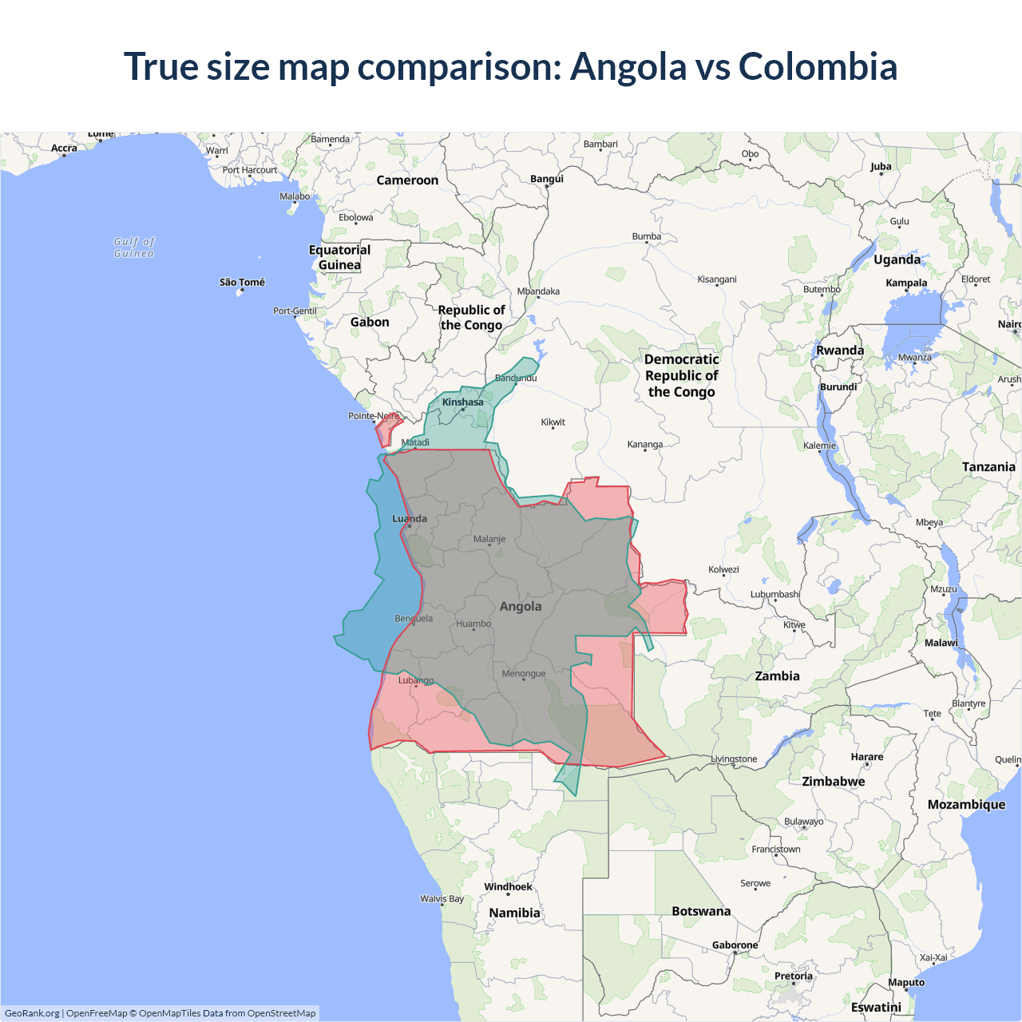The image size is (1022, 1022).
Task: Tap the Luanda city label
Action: pyautogui.click(x=410, y=519)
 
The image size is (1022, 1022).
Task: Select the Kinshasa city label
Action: pyautogui.click(x=463, y=402)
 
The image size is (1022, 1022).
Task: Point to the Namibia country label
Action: pyautogui.click(x=515, y=913)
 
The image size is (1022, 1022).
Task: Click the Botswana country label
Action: pyautogui.click(x=701, y=911)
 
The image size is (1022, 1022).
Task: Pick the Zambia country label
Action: pyautogui.click(x=777, y=676)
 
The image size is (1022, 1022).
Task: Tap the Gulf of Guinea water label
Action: pyautogui.click(x=134, y=248)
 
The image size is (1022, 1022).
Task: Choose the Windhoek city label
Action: pyautogui.click(x=508, y=887)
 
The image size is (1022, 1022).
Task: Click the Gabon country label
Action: pyautogui.click(x=370, y=323)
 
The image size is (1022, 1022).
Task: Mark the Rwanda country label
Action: pyautogui.click(x=840, y=351)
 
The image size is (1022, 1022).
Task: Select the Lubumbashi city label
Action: pyautogui.click(x=775, y=594)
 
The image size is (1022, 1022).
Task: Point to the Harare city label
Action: pyautogui.click(x=867, y=757)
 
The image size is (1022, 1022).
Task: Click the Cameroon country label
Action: pyautogui.click(x=407, y=180)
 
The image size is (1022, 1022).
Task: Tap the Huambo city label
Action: pyautogui.click(x=473, y=624)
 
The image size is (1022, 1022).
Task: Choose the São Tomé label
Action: pyautogui.click(x=242, y=283)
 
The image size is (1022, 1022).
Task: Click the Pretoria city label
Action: pyautogui.click(x=794, y=976)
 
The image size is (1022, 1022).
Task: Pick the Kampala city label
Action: pyautogui.click(x=906, y=283)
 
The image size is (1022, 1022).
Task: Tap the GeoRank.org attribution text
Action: pyautogui.click(x=32, y=1013)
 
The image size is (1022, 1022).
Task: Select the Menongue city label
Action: pyautogui.click(x=524, y=674)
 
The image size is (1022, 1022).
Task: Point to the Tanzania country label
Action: pyautogui.click(x=988, y=467)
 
